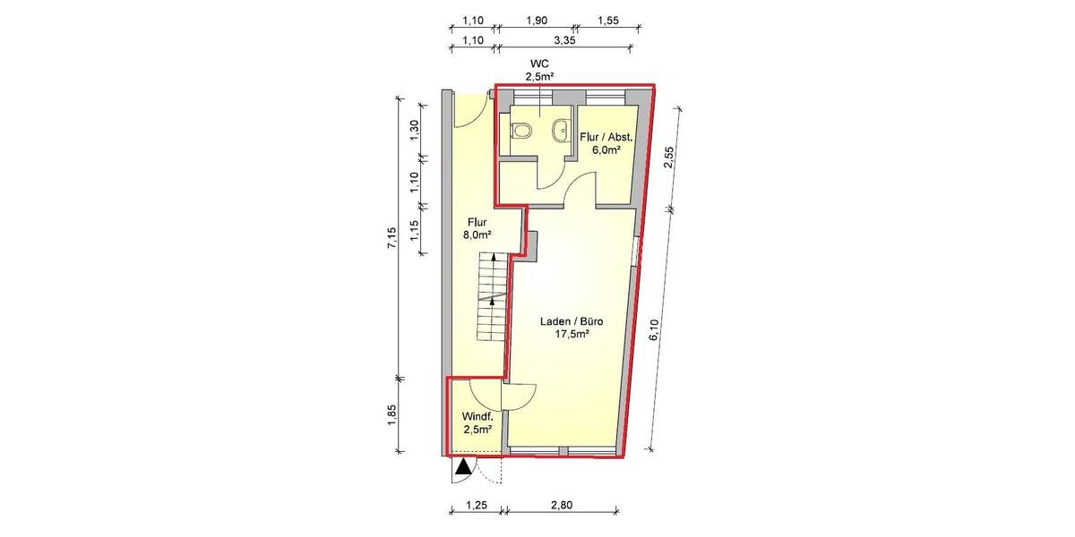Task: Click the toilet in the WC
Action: (521, 132)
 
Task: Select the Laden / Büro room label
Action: (569, 321)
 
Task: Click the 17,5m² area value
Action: (569, 335)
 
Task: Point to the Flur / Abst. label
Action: (606, 137)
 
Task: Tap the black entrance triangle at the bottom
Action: (462, 466)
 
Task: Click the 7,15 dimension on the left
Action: (391, 239)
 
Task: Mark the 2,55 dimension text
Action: (667, 158)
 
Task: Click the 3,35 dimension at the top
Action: (564, 40)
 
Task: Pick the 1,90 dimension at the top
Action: (537, 19)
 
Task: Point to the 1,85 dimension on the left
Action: (391, 415)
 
